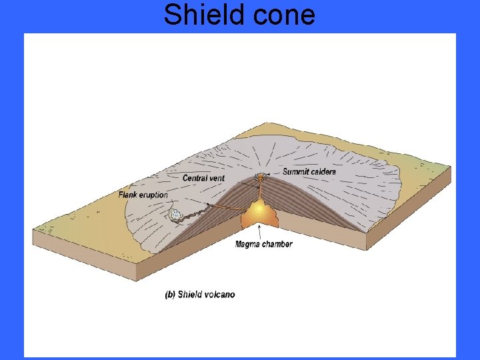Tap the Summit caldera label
(x=309, y=172)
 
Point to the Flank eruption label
(x=143, y=195)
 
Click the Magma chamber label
(x=263, y=244)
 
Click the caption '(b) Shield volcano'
(x=199, y=294)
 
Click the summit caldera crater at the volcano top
(x=259, y=177)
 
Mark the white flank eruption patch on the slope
(x=176, y=215)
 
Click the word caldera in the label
(x=322, y=172)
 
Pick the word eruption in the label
(x=153, y=195)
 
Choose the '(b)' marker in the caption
(x=170, y=294)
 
